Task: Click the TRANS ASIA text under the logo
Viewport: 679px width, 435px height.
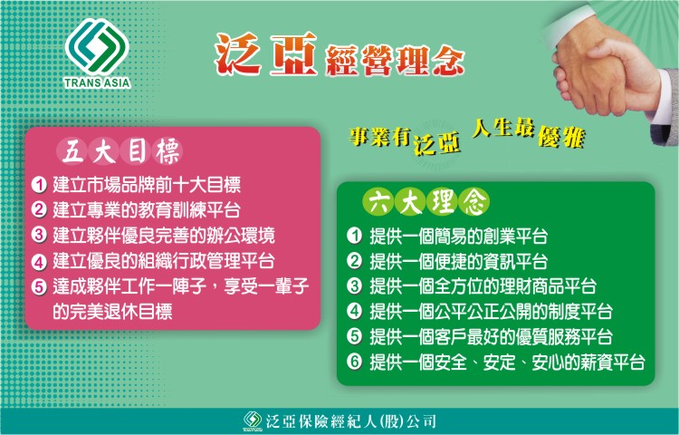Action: tap(98, 82)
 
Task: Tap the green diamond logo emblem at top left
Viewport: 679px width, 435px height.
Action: tap(98, 46)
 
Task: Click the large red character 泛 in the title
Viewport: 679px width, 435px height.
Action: tap(238, 54)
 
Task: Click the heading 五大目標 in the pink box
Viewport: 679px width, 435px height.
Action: tap(120, 152)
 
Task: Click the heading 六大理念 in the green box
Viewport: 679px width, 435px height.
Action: tap(426, 202)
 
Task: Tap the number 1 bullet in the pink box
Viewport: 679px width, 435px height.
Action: tap(39, 185)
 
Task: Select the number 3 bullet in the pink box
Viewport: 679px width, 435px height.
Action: tap(39, 236)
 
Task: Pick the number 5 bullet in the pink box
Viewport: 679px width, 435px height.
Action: tap(39, 286)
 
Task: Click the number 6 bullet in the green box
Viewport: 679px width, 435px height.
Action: tap(354, 362)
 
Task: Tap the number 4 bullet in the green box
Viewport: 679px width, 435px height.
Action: tap(354, 311)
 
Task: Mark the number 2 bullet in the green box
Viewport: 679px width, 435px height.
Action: tap(354, 261)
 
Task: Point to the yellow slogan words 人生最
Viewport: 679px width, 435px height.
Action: tap(502, 128)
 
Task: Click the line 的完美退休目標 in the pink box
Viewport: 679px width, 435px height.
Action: tap(112, 311)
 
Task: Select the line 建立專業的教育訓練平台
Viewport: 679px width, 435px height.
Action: tap(147, 210)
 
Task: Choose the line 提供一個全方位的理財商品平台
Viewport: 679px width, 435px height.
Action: tap(483, 286)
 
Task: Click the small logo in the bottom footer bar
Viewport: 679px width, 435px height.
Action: tap(253, 420)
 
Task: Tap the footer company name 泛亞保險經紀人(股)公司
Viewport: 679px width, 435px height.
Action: tap(350, 421)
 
